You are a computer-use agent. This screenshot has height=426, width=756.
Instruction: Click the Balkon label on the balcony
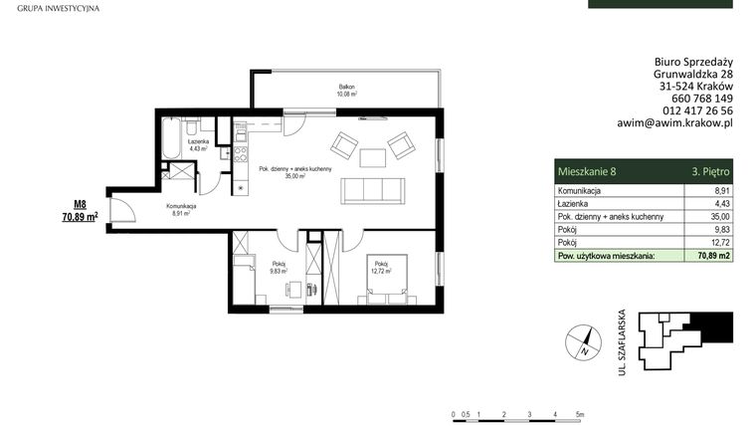(x=346, y=89)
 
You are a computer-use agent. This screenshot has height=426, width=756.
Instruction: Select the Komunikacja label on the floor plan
(x=180, y=205)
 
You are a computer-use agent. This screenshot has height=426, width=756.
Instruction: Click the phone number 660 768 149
(x=696, y=99)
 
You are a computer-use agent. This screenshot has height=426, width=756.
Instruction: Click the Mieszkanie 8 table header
(x=586, y=171)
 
